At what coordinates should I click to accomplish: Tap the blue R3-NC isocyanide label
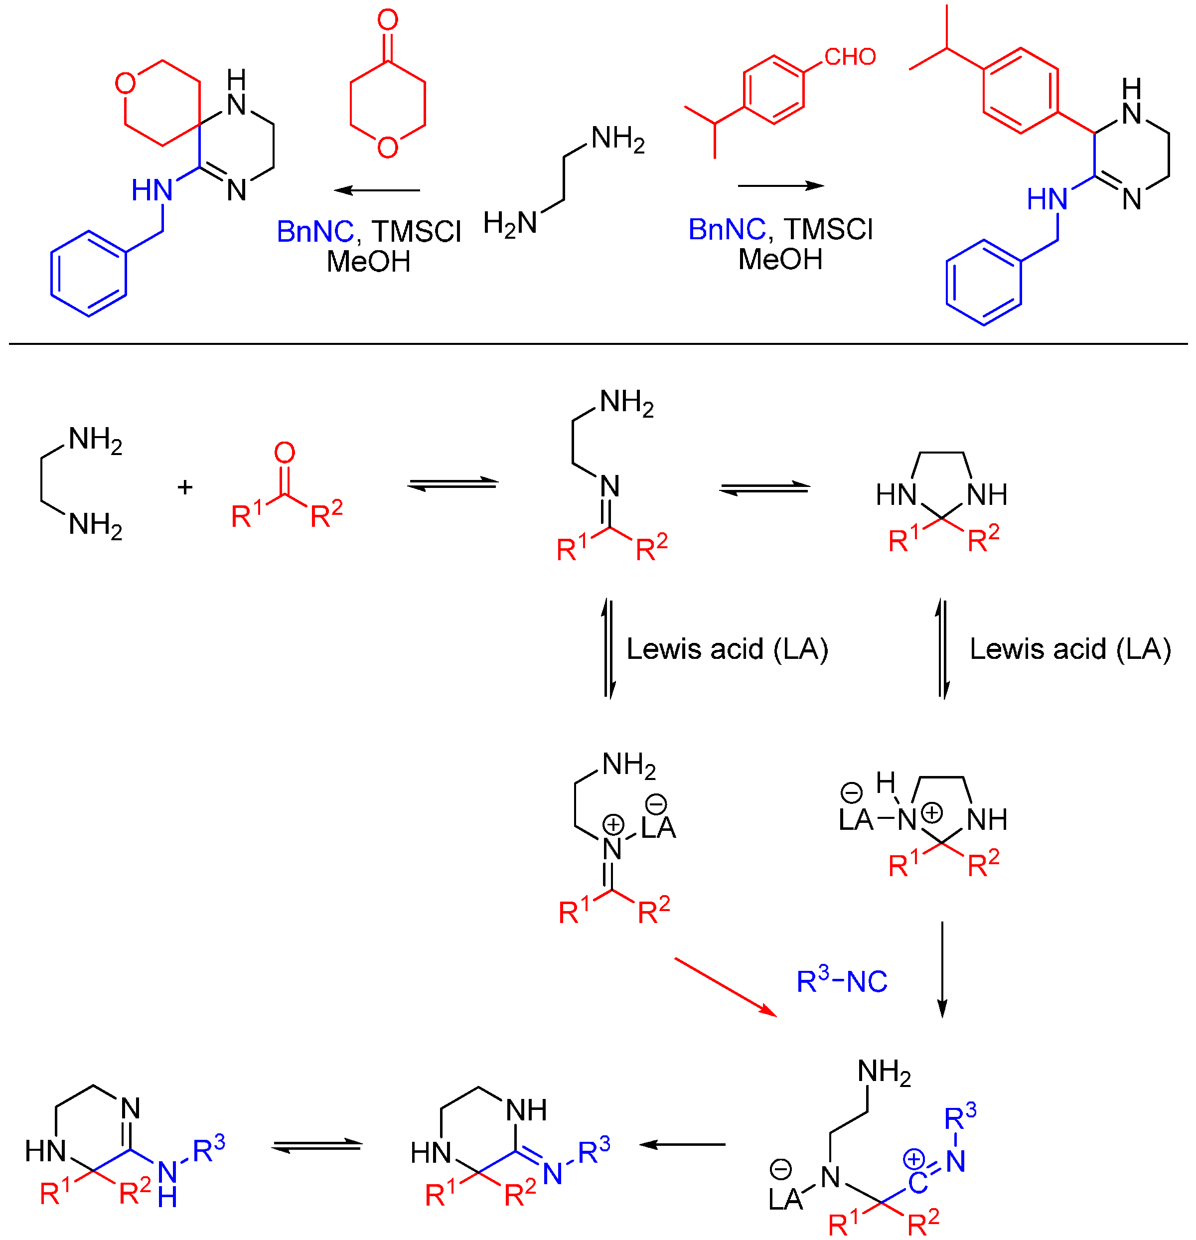[841, 981]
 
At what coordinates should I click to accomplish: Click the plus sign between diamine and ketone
[185, 486]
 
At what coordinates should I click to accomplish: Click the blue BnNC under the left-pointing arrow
[315, 232]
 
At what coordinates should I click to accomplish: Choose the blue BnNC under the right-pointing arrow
[726, 229]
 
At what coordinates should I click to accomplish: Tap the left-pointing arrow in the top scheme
[377, 190]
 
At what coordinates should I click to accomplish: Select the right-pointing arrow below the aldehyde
[780, 185]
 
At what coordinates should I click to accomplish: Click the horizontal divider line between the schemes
[598, 343]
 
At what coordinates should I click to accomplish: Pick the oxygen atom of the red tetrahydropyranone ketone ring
[387, 148]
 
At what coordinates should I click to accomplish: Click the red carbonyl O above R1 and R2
[285, 453]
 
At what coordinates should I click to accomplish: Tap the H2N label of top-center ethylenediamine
[510, 223]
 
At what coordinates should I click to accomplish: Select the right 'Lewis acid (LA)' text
[1070, 649]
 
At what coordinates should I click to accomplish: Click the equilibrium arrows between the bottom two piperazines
[317, 1146]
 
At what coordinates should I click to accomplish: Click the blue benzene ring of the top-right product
[984, 282]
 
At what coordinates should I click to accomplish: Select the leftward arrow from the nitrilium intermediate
[682, 1144]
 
